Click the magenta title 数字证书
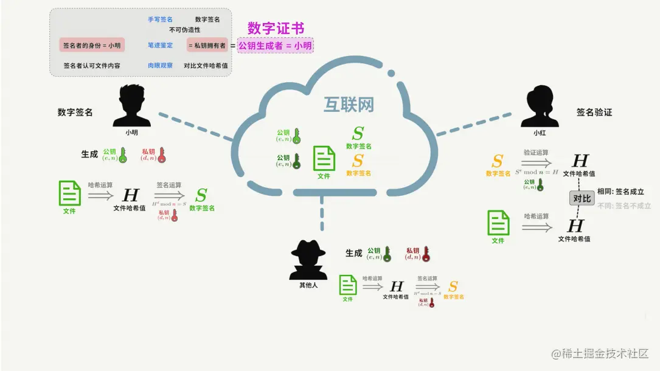276,28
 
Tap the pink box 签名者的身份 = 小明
91,45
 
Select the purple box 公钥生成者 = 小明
275,45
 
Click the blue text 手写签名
160,19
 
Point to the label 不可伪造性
185,29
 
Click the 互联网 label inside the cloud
348,105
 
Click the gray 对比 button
582,198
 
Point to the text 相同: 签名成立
620,192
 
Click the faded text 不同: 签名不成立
624,206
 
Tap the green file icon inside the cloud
324,159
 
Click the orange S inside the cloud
358,161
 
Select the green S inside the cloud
358,133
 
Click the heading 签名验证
594,113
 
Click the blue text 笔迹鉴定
160,45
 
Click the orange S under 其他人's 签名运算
453,286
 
